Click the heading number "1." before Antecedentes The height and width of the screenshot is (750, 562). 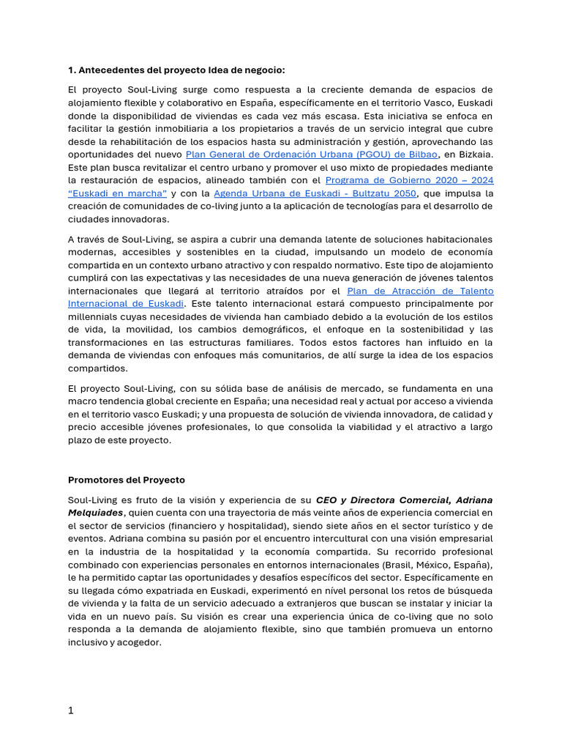(72, 70)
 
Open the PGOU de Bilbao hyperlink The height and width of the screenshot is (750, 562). (312, 154)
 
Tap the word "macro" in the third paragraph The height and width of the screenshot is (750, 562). (83, 401)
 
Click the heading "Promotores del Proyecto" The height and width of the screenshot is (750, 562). (127, 480)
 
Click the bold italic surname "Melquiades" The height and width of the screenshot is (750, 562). (95, 513)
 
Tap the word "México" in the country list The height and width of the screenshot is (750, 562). (413, 565)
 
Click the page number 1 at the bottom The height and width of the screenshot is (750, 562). (71, 710)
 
